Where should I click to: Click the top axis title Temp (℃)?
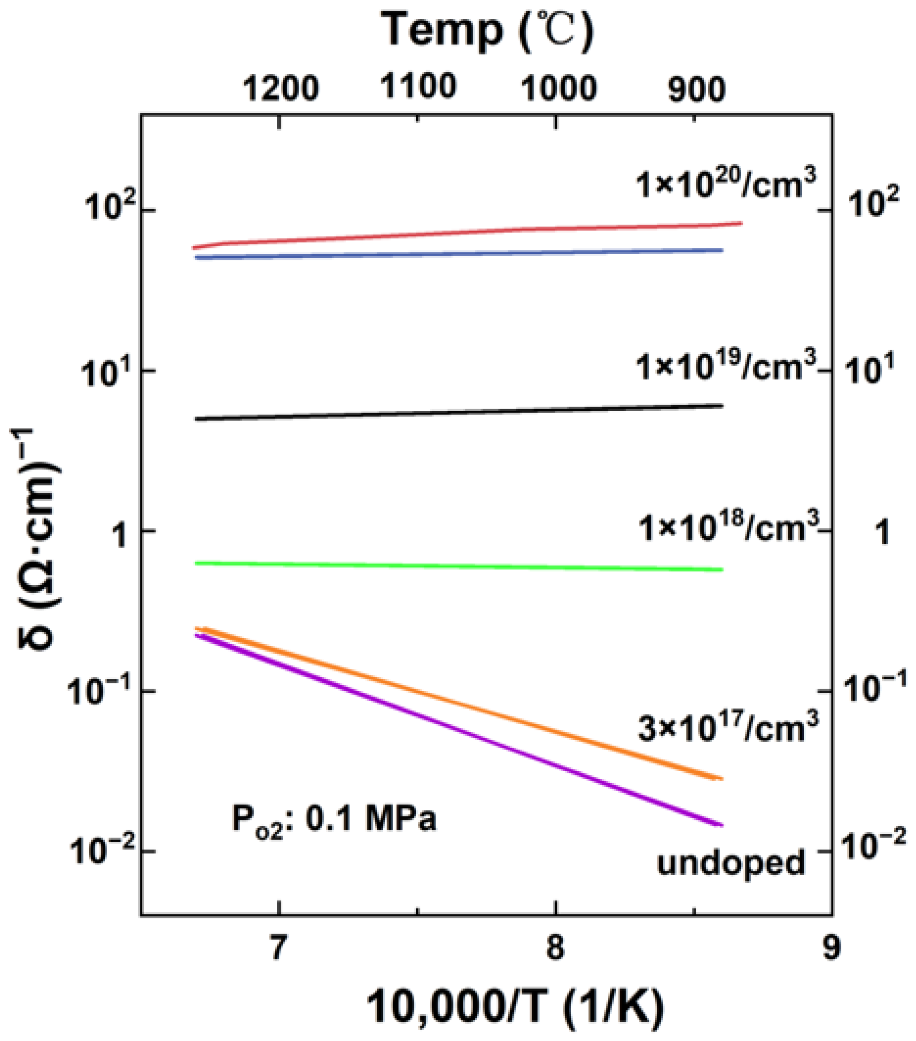coord(487,31)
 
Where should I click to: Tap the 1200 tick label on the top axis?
coord(280,89)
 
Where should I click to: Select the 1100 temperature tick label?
coord(419,86)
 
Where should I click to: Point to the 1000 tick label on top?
coord(558,89)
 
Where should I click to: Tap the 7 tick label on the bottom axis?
coord(278,949)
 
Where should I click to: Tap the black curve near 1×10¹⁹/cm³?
coord(458,413)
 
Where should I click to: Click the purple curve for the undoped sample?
coord(458,729)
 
